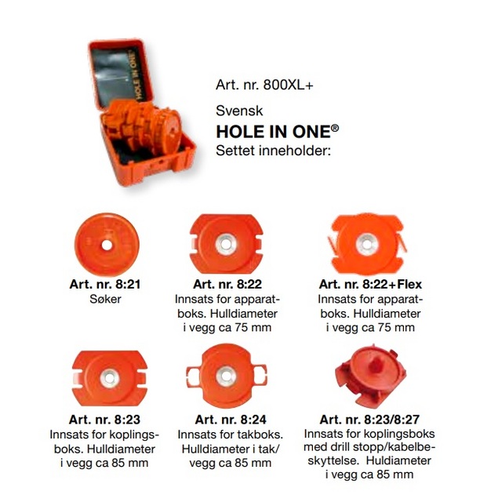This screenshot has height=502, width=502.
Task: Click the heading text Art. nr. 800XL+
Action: [264, 85]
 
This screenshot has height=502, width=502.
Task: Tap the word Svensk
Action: [239, 111]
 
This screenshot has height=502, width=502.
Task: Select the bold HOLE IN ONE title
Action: [277, 131]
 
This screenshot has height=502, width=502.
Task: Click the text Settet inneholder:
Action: [273, 151]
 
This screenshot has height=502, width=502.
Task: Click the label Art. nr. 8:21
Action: [105, 284]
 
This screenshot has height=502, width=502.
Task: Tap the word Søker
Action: [105, 299]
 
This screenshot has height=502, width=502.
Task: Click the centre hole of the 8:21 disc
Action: [107, 246]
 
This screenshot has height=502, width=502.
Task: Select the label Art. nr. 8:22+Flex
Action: [370, 284]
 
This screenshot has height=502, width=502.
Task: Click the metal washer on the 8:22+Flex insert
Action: [367, 245]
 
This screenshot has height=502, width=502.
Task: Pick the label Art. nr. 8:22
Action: [227, 284]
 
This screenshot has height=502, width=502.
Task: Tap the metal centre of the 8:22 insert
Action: [226, 244]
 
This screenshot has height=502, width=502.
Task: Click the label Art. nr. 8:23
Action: [104, 420]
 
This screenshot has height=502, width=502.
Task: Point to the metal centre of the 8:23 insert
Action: [110, 378]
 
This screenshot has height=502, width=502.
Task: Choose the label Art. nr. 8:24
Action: [231, 420]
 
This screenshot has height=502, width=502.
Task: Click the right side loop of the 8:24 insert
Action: [260, 376]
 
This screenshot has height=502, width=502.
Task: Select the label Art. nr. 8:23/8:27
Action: [369, 420]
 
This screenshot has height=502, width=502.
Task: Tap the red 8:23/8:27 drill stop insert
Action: [370, 375]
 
